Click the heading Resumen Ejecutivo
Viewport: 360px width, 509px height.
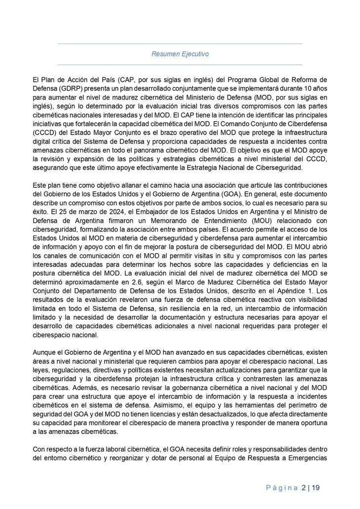tap(180, 54)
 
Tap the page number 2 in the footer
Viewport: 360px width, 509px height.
tap(303, 488)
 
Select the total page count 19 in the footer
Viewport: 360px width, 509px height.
tap(316, 488)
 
